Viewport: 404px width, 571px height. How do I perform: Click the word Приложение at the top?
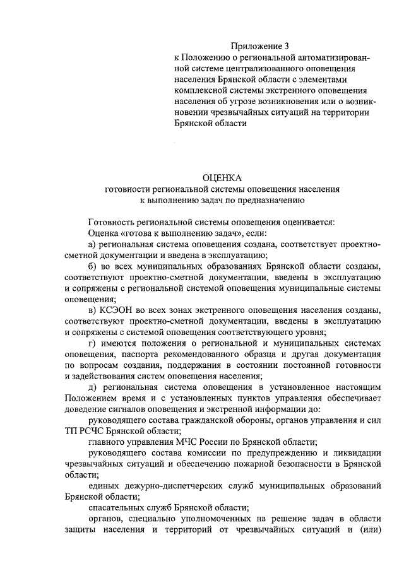click(x=256, y=46)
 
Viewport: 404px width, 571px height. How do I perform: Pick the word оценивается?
click(x=306, y=221)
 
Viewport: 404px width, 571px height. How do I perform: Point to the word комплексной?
click(x=201, y=90)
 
